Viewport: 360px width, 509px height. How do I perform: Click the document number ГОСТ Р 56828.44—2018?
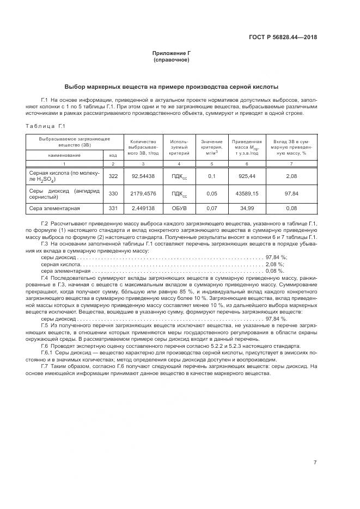click(283, 38)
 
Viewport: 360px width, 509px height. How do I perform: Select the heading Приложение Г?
click(172, 53)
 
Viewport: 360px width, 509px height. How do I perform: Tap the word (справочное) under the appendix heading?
click(172, 60)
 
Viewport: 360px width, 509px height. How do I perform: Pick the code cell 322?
click(113, 176)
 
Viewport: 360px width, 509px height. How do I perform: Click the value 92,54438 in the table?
click(143, 176)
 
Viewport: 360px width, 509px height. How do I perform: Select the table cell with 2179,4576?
click(143, 193)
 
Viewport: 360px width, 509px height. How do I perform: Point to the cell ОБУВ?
click(179, 208)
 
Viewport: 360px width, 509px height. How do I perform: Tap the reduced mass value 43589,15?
click(247, 193)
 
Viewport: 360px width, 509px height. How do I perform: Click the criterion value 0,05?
click(212, 193)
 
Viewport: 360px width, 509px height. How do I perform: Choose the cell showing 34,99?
click(247, 208)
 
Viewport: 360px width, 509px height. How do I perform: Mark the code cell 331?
click(113, 208)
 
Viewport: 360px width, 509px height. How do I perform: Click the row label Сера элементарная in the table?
click(54, 208)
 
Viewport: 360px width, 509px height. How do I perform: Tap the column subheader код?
click(113, 155)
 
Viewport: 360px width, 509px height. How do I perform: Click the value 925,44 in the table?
click(247, 176)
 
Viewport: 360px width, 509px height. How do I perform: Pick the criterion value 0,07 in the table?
click(212, 208)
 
